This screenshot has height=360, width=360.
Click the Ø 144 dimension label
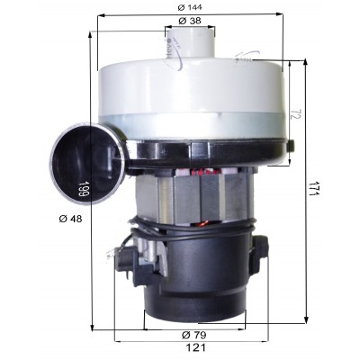pyautogui.click(x=190, y=7)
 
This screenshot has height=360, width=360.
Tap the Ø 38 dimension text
pyautogui.click(x=190, y=21)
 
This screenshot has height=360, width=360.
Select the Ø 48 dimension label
pyautogui.click(x=70, y=219)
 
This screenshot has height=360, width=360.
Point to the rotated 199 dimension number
pyautogui.click(x=83, y=189)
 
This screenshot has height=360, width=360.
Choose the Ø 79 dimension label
pyautogui.click(x=194, y=335)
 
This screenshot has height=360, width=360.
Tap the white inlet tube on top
pyautogui.click(x=191, y=41)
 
